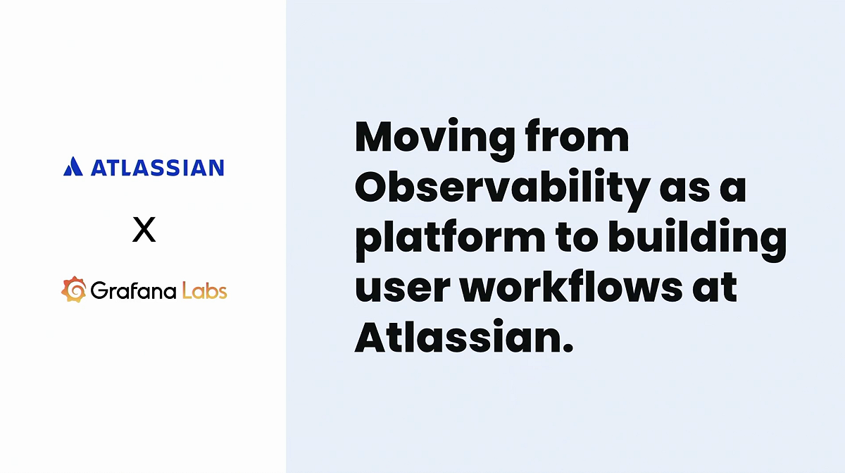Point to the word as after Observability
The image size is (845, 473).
pyautogui.click(x=686, y=189)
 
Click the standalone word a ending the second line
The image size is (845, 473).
pyautogui.click(x=733, y=189)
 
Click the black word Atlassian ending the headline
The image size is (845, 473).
pyautogui.click(x=454, y=339)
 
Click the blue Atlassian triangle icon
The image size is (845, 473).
pyautogui.click(x=73, y=167)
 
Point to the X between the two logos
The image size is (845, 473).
pyautogui.click(x=144, y=230)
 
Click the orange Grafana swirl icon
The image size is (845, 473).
pyautogui.click(x=74, y=290)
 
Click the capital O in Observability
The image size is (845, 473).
pyautogui.click(x=376, y=189)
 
